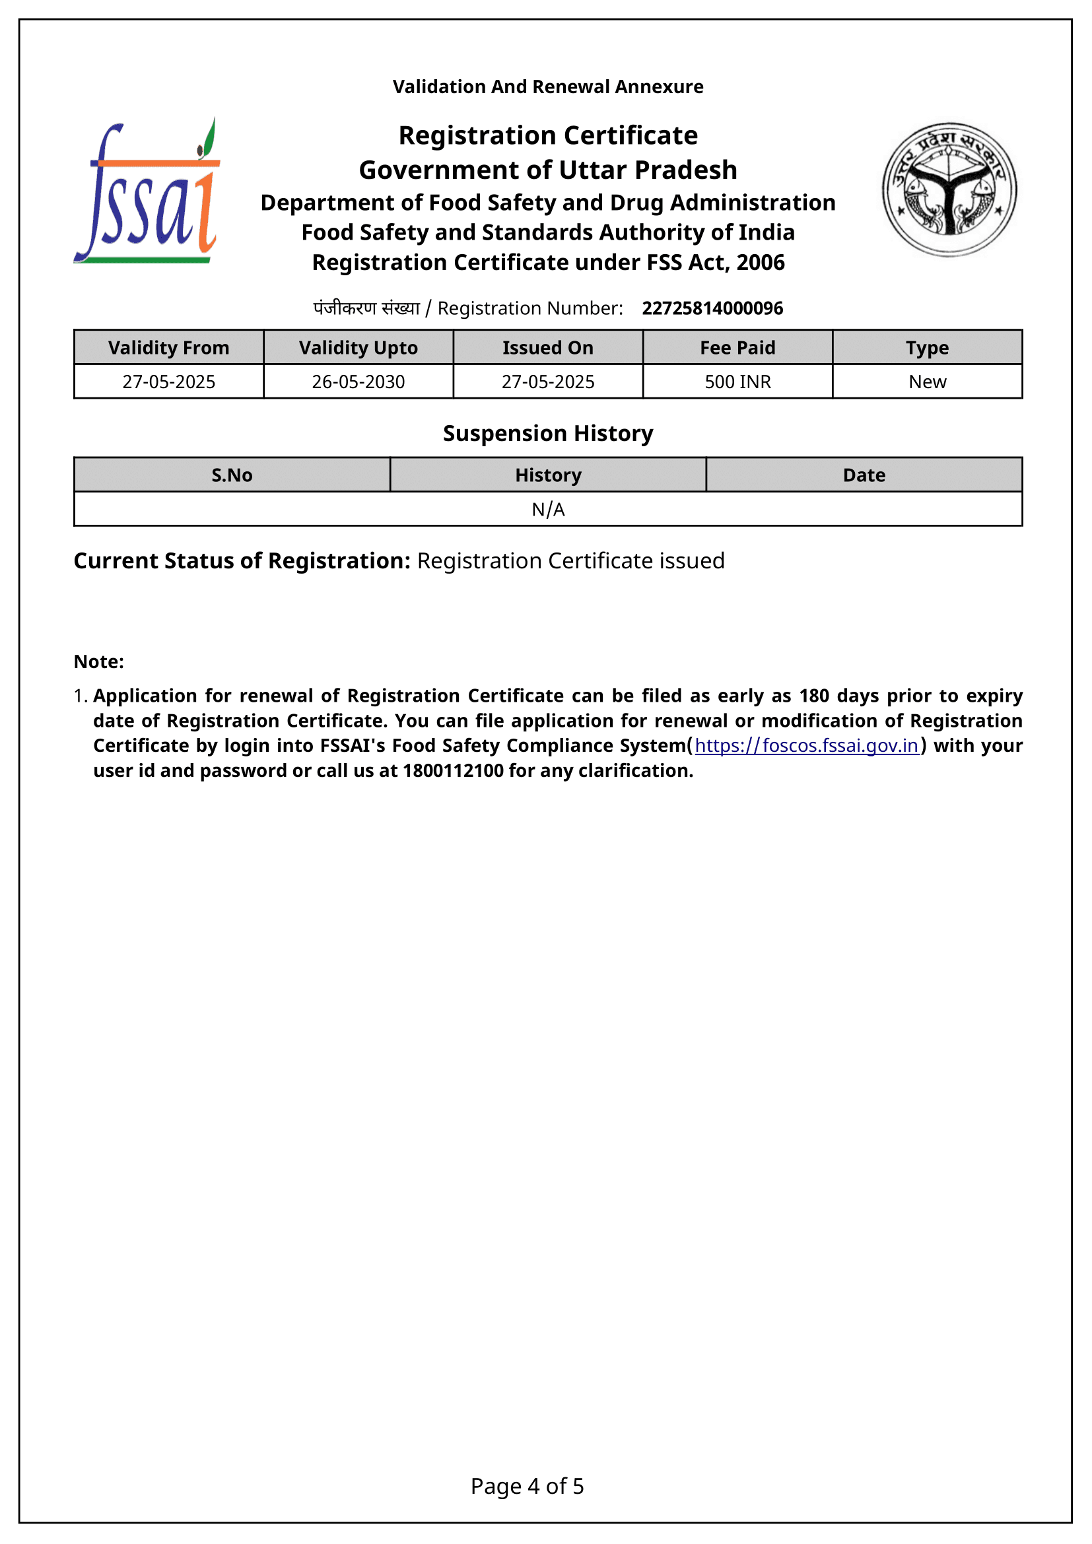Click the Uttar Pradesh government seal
949,189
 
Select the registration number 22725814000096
712,309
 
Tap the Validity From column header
169,348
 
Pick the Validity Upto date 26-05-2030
358,382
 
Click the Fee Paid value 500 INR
737,382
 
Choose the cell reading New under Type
927,382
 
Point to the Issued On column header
548,348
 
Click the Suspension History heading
548,434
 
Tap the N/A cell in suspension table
548,510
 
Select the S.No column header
232,475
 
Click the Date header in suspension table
864,475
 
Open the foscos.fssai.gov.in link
806,746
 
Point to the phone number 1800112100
453,770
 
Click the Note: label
99,661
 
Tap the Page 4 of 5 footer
527,1486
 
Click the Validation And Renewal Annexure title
548,86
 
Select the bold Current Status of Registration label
242,561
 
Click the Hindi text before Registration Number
366,309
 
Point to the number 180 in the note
813,696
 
